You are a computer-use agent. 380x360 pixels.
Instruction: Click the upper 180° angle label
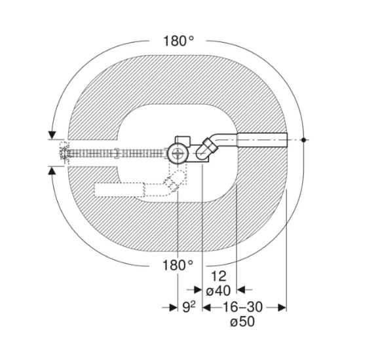[179, 41]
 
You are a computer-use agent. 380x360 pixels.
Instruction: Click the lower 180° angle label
[178, 265]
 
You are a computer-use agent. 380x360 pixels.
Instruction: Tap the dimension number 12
[219, 276]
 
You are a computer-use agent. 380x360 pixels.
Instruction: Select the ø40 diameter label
[218, 291]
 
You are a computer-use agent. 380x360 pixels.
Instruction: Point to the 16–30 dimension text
[242, 307]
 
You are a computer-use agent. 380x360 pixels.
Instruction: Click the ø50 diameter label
[242, 322]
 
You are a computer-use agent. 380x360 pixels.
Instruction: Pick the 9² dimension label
[189, 307]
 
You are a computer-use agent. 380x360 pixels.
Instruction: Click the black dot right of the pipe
[303, 139]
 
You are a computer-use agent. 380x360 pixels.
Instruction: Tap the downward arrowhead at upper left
[52, 135]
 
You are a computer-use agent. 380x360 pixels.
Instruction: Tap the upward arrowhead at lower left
[52, 171]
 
